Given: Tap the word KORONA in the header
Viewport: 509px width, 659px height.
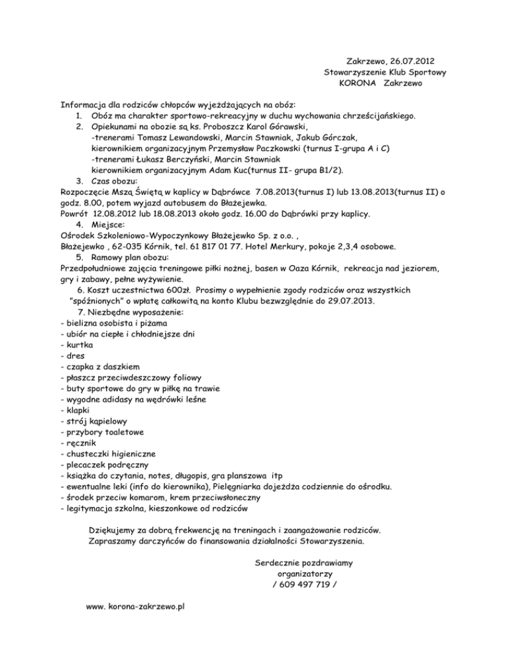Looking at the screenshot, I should point(359,84).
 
